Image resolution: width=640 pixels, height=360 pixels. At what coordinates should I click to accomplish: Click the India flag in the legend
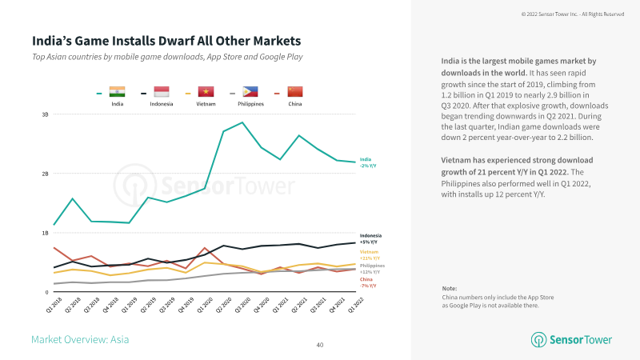click(x=116, y=92)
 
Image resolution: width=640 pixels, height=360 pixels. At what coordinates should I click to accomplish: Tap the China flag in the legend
click(x=295, y=92)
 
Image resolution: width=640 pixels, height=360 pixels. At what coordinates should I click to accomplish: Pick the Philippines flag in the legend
click(x=250, y=92)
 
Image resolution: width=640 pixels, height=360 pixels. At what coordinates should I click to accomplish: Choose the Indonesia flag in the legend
click(x=161, y=92)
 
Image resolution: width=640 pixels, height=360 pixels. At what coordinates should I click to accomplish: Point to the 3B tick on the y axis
click(x=46, y=114)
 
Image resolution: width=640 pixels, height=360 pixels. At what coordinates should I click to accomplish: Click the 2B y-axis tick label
click(x=46, y=174)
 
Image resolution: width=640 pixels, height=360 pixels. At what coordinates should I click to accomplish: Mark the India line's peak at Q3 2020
click(x=242, y=122)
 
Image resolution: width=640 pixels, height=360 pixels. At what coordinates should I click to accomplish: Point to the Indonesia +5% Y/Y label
click(x=370, y=238)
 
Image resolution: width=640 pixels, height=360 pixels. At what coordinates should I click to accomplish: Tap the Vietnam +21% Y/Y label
click(x=369, y=254)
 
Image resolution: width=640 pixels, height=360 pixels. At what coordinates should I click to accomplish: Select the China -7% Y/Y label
click(x=367, y=282)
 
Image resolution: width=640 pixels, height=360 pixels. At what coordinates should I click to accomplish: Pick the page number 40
click(x=320, y=345)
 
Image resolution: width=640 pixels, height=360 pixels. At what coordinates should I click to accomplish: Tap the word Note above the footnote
click(x=449, y=288)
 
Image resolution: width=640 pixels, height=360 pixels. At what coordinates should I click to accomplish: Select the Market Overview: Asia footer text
click(x=80, y=339)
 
